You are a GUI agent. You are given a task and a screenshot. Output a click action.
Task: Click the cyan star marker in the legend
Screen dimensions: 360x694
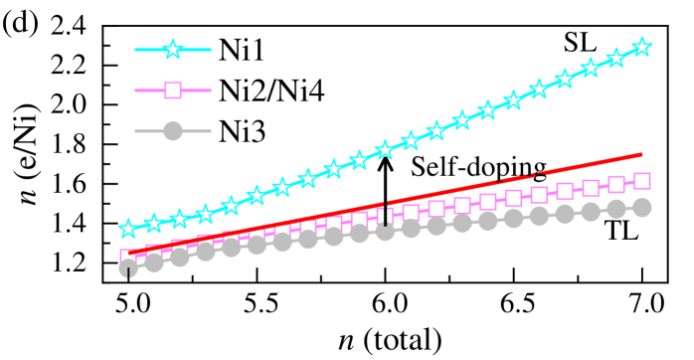(x=173, y=49)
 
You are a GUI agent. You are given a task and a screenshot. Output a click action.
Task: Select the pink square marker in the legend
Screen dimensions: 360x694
(x=173, y=90)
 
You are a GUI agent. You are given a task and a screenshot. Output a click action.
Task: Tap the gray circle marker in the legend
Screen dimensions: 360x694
(x=173, y=131)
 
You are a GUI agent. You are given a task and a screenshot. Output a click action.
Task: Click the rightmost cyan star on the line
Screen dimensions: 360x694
(x=641, y=47)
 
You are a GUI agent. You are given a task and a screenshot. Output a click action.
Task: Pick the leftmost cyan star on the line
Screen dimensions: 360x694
(x=128, y=229)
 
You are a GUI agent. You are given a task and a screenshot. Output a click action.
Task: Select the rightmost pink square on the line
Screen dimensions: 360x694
(x=641, y=181)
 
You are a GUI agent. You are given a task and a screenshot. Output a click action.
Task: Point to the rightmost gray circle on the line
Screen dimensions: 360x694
(x=641, y=207)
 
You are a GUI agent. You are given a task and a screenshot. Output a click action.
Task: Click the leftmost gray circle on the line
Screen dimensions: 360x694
(x=128, y=268)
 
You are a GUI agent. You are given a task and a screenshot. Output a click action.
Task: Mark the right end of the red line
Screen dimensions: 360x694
(x=641, y=154)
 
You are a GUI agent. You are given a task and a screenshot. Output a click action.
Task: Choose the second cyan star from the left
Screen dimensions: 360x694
(x=154, y=223)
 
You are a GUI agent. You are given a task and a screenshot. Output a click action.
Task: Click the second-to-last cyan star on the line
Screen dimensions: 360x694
(x=615, y=58)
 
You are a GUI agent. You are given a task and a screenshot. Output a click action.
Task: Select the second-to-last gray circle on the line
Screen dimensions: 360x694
(x=615, y=209)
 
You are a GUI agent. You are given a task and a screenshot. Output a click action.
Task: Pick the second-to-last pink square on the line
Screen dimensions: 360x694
(x=615, y=185)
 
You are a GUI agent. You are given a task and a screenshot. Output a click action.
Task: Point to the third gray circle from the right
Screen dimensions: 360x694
(x=590, y=211)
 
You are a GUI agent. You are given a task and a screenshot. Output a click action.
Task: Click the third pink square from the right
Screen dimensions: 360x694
(x=590, y=188)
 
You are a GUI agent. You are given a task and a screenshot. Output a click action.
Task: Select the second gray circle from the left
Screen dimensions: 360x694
(x=154, y=263)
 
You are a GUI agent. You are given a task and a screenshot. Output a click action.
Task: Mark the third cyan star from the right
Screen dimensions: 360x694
(x=590, y=68)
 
